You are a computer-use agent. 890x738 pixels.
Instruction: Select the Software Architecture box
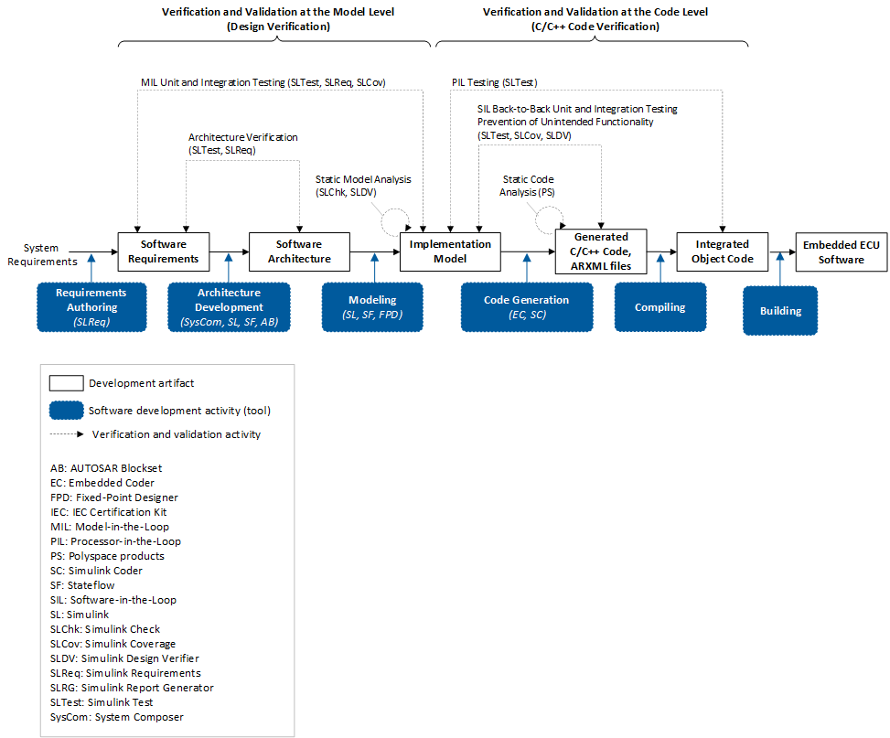tap(299, 251)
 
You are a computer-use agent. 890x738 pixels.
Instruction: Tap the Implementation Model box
tap(450, 251)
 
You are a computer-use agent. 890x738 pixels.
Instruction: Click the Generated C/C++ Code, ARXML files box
tap(601, 251)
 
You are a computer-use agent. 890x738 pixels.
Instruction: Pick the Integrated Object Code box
tap(723, 251)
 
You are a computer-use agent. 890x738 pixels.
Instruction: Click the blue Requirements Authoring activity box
tap(91, 306)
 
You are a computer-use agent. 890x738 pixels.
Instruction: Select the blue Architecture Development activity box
tap(230, 306)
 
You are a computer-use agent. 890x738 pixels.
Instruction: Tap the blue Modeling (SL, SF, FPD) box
tap(372, 306)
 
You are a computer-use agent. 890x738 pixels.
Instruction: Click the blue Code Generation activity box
tap(526, 306)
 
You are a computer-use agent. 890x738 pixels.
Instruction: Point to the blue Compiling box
tap(660, 307)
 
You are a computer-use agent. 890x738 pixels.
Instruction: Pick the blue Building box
tap(780, 311)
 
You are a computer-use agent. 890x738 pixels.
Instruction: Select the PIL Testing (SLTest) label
tap(494, 82)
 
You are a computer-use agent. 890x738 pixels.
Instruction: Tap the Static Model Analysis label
tap(362, 186)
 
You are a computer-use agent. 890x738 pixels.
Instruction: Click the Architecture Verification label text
tap(242, 143)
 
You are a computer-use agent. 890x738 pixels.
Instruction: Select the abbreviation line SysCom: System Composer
tap(117, 717)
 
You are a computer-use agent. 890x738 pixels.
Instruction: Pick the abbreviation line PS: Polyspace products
tap(108, 556)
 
